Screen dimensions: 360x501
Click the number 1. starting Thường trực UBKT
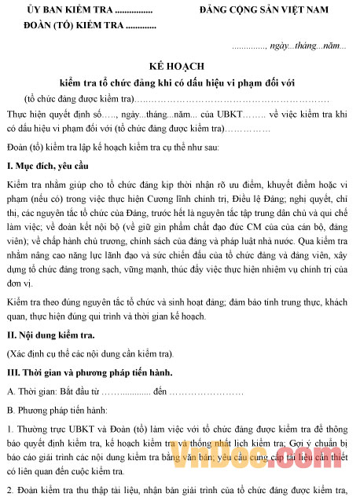click(10, 429)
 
